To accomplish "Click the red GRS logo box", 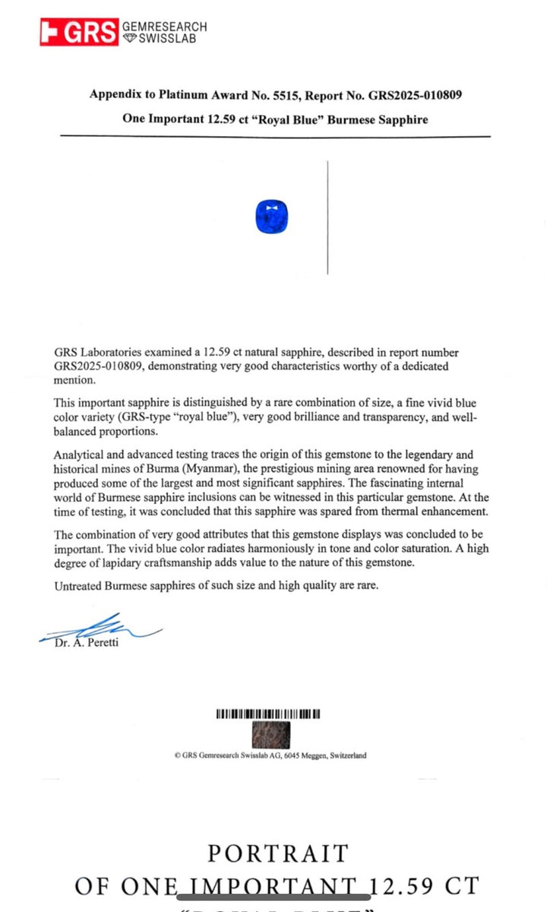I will (x=79, y=32).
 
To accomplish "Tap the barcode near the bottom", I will (x=268, y=714).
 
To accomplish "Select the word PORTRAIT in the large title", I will (x=277, y=854).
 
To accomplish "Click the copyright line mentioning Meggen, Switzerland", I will (x=270, y=755).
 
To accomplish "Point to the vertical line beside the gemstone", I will (x=327, y=217).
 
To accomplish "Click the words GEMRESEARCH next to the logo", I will (x=165, y=27).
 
